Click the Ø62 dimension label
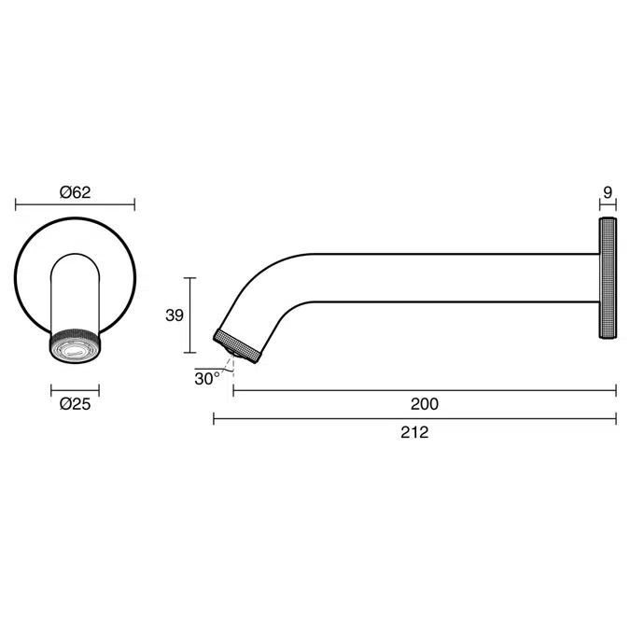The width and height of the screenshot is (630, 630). (x=76, y=192)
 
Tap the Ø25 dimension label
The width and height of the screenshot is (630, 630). (x=76, y=404)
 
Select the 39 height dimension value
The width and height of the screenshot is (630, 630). (x=175, y=315)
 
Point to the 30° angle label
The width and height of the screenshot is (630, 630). (x=207, y=379)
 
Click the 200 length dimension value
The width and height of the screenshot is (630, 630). (x=425, y=404)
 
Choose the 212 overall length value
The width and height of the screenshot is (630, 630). (x=414, y=432)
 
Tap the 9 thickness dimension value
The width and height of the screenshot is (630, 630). (x=608, y=192)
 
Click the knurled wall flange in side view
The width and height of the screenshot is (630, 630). (x=608, y=277)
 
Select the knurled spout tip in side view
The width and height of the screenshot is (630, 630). (x=237, y=346)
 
